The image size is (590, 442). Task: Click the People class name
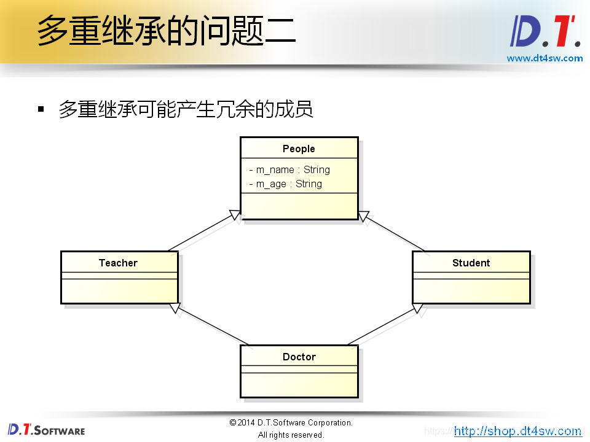click(299, 149)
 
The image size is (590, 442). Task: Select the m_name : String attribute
click(289, 170)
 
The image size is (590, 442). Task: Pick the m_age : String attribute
click(286, 184)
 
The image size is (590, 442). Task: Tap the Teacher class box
click(119, 277)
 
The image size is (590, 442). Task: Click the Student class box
click(471, 277)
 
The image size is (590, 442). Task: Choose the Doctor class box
click(299, 371)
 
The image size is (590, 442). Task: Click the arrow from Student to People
click(393, 232)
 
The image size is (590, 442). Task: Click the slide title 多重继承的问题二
click(166, 31)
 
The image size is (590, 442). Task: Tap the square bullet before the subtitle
click(41, 109)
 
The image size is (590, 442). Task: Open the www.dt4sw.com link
click(545, 58)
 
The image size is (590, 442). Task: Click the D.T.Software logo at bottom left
click(47, 430)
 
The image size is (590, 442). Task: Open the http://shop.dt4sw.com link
click(517, 431)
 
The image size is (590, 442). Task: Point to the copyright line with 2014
click(291, 422)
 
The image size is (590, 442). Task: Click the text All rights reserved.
click(291, 435)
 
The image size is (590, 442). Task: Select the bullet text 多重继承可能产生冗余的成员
click(186, 109)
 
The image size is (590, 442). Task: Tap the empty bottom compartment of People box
click(299, 206)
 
